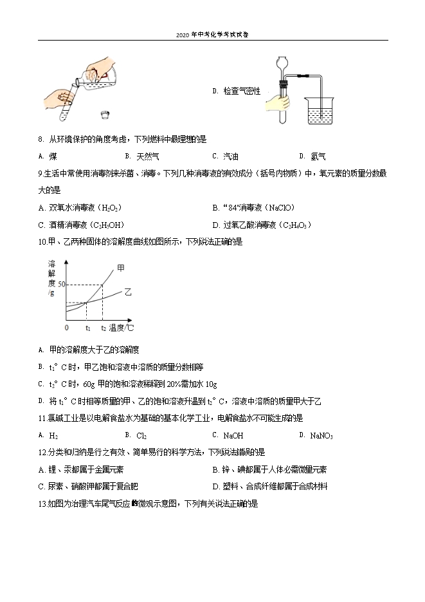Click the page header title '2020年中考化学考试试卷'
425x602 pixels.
click(212, 35)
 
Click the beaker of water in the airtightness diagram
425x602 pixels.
click(320, 115)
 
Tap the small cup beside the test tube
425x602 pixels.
click(105, 115)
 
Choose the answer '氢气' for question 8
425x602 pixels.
click(318, 156)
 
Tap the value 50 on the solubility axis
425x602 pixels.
click(62, 284)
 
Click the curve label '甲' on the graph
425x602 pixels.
click(120, 267)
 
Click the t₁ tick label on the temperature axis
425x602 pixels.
click(87, 328)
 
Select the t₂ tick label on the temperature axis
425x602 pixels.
click(103, 328)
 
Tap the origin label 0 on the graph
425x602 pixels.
click(66, 328)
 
